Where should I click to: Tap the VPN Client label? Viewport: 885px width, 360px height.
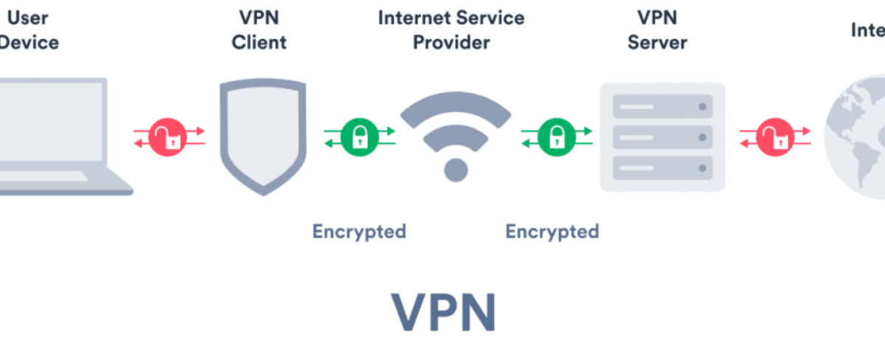click(259, 30)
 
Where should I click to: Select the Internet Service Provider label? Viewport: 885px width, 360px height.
click(451, 30)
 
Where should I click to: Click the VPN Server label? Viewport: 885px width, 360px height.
click(656, 30)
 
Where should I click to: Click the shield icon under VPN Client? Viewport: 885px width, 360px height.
click(262, 136)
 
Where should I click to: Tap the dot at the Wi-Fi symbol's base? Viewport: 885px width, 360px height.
click(456, 170)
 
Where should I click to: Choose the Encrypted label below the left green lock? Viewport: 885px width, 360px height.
click(359, 232)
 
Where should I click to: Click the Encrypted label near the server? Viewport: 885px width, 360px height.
click(552, 232)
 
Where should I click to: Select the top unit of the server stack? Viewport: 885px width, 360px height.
click(662, 108)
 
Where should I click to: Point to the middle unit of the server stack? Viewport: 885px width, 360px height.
click(662, 137)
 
